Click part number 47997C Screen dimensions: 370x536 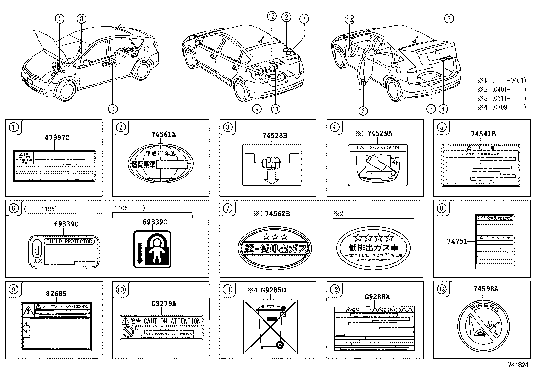coord(57,137)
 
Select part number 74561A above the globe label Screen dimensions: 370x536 coord(164,134)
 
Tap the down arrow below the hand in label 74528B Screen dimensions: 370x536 coord(271,177)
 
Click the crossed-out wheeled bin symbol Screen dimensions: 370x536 coord(271,326)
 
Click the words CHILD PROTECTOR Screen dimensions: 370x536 coord(69,241)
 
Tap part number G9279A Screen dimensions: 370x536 coord(164,304)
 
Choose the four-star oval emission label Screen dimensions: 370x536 coord(373,247)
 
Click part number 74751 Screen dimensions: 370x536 coord(457,241)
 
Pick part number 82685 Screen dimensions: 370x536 coord(56,294)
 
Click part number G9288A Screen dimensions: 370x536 coord(377,297)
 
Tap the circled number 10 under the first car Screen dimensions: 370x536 coord(112,109)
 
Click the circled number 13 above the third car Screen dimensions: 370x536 coord(349,20)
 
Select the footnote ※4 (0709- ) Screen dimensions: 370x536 coord(501,107)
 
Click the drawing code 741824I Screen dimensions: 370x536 coord(519,365)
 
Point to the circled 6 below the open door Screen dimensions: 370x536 coord(363,111)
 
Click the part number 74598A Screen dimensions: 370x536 coord(485,289)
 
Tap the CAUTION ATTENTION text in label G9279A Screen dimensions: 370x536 coord(172,321)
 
